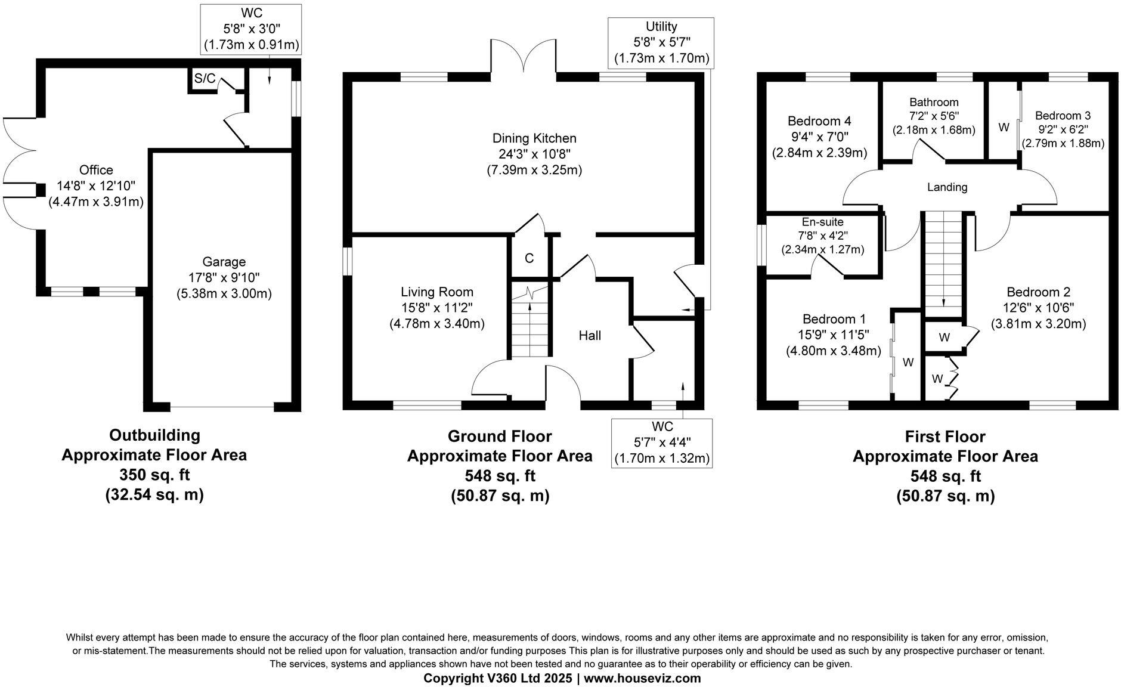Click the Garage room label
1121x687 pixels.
[224, 262]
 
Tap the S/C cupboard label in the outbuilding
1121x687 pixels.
[205, 78]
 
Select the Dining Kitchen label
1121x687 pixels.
[534, 138]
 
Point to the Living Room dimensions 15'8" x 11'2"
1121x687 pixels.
[437, 308]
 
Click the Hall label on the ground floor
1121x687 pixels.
[590, 336]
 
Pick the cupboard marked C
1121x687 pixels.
[529, 258]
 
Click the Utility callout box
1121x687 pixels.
[661, 42]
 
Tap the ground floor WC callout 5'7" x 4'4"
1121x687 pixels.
[662, 442]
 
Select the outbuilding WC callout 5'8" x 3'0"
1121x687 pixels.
[251, 29]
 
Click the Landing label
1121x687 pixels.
[947, 187]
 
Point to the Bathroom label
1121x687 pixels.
[934, 103]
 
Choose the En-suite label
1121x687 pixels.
[822, 222]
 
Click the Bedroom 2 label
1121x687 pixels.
[1038, 292]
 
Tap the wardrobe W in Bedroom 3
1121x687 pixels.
[1004, 128]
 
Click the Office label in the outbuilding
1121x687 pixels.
[96, 171]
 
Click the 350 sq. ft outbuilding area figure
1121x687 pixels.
[154, 475]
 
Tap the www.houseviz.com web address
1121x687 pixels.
[642, 678]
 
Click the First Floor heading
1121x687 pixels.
[945, 437]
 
